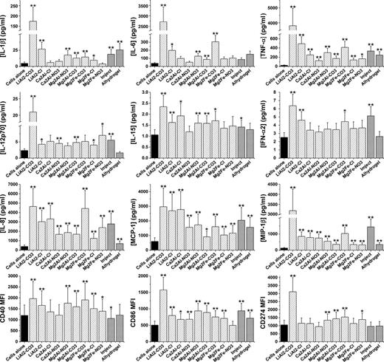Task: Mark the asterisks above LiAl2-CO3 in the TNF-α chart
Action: pos(293,10)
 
